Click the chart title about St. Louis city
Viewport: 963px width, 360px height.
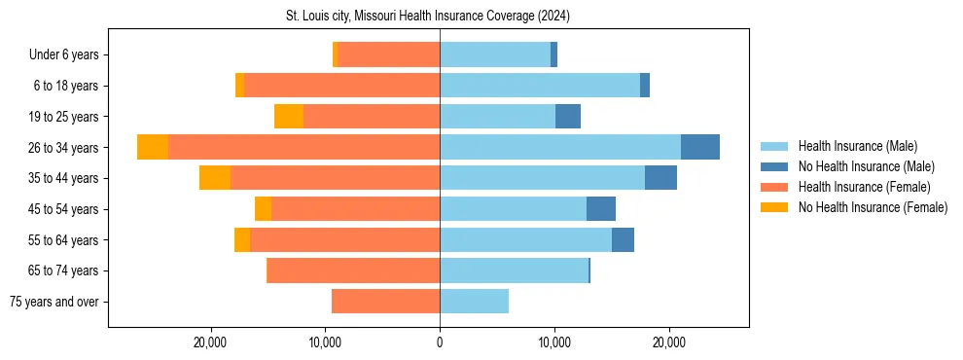[x=428, y=17]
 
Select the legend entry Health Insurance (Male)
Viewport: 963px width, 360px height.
[x=856, y=146]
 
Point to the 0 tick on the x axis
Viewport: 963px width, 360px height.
[x=440, y=342]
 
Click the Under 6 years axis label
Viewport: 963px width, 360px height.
[x=69, y=55]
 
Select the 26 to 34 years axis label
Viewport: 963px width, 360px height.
[x=66, y=148]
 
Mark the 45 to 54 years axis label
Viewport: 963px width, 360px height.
[x=66, y=209]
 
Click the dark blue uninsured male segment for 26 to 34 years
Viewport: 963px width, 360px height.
[x=700, y=147]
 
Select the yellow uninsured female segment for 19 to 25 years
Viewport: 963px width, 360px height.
[x=289, y=117]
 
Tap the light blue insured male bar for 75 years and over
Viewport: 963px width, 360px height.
[x=474, y=302]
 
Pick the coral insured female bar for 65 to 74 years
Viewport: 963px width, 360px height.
[x=353, y=270]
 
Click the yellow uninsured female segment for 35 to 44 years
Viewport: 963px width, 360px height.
[x=215, y=178]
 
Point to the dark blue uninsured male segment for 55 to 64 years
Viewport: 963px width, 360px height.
[x=623, y=239]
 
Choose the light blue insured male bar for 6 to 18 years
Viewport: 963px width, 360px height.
[x=540, y=86]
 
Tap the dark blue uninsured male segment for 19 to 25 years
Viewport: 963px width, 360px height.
[x=568, y=117]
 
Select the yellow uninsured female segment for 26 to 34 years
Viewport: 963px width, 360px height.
[x=153, y=147]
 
